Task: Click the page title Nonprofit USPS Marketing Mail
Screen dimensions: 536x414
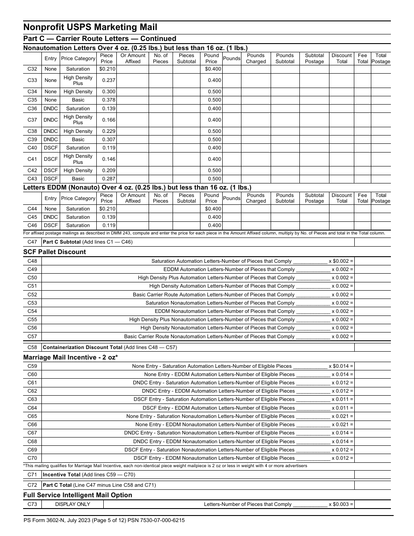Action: pyautogui.click(x=90, y=27)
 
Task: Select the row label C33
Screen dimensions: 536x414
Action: pyautogui.click(x=32, y=80)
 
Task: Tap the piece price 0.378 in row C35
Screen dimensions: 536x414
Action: pyautogui.click(x=106, y=100)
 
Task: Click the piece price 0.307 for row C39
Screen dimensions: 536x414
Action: pyautogui.click(x=106, y=139)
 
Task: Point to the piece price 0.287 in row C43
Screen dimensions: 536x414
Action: pyautogui.click(x=106, y=179)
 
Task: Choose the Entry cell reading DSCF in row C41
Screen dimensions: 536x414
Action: pyautogui.click(x=51, y=159)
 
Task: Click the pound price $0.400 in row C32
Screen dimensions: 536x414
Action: pyautogui.click(x=211, y=69)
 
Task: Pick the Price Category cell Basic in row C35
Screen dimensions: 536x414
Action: pyautogui.click(x=78, y=100)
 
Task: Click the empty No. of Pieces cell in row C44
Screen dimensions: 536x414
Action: pyautogui.click(x=160, y=209)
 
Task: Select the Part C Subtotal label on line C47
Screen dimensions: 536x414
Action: pyautogui.click(x=62, y=242)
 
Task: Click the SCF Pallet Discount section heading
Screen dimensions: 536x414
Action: pyautogui.click(x=54, y=252)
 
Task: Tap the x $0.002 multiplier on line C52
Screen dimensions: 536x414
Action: pyautogui.click(x=342, y=295)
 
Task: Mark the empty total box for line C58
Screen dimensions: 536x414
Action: pyautogui.click(x=372, y=347)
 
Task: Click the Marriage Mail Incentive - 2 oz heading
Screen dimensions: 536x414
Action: pyautogui.click(x=71, y=357)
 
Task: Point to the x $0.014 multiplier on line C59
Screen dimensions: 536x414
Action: pyautogui.click(x=341, y=366)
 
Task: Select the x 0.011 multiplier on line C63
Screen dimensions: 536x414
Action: pyautogui.click(x=342, y=399)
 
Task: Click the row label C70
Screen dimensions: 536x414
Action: pyautogui.click(x=32, y=458)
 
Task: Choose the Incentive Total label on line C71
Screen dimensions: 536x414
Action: pyautogui.click(x=61, y=475)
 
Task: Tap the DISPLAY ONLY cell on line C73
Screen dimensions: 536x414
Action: pyautogui.click(x=72, y=504)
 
